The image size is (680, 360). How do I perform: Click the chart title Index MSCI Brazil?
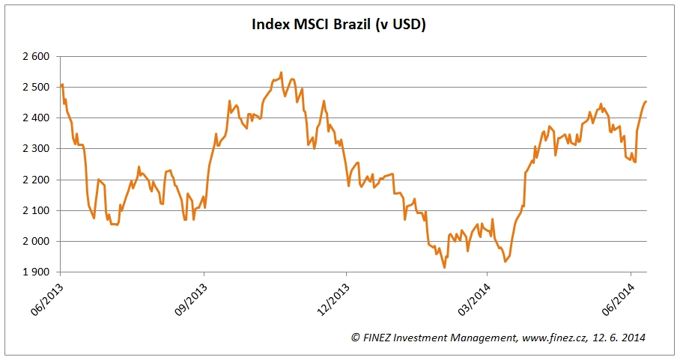click(339, 25)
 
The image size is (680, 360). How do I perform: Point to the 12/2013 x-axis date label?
click(333, 297)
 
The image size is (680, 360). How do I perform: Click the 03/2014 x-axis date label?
click(473, 297)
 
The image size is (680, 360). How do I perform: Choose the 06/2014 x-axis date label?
click(617, 297)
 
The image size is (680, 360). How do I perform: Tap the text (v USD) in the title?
click(405, 25)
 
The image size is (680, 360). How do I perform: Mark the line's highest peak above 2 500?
click(281, 73)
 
